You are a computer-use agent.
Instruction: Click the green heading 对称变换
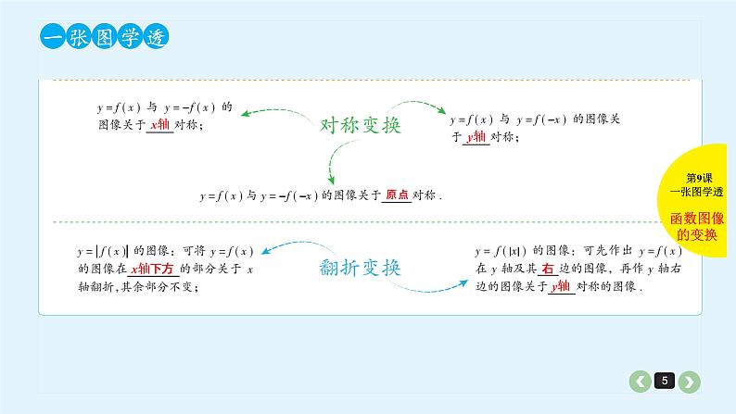pyautogui.click(x=360, y=125)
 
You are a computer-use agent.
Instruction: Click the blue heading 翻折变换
pyautogui.click(x=360, y=269)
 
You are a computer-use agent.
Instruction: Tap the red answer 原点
pyautogui.click(x=397, y=195)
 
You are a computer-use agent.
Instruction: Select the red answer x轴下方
pyautogui.click(x=154, y=269)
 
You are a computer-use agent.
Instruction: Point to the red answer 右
pyautogui.click(x=548, y=269)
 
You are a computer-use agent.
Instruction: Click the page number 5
pyautogui.click(x=664, y=381)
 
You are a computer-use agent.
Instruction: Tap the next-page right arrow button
pyautogui.click(x=689, y=381)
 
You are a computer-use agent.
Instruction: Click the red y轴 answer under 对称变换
pyautogui.click(x=476, y=136)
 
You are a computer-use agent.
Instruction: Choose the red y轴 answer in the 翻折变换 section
pyautogui.click(x=559, y=286)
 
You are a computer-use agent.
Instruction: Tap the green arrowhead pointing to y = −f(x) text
pyautogui.click(x=245, y=115)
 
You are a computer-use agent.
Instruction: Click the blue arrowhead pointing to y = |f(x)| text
pyautogui.click(x=266, y=249)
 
